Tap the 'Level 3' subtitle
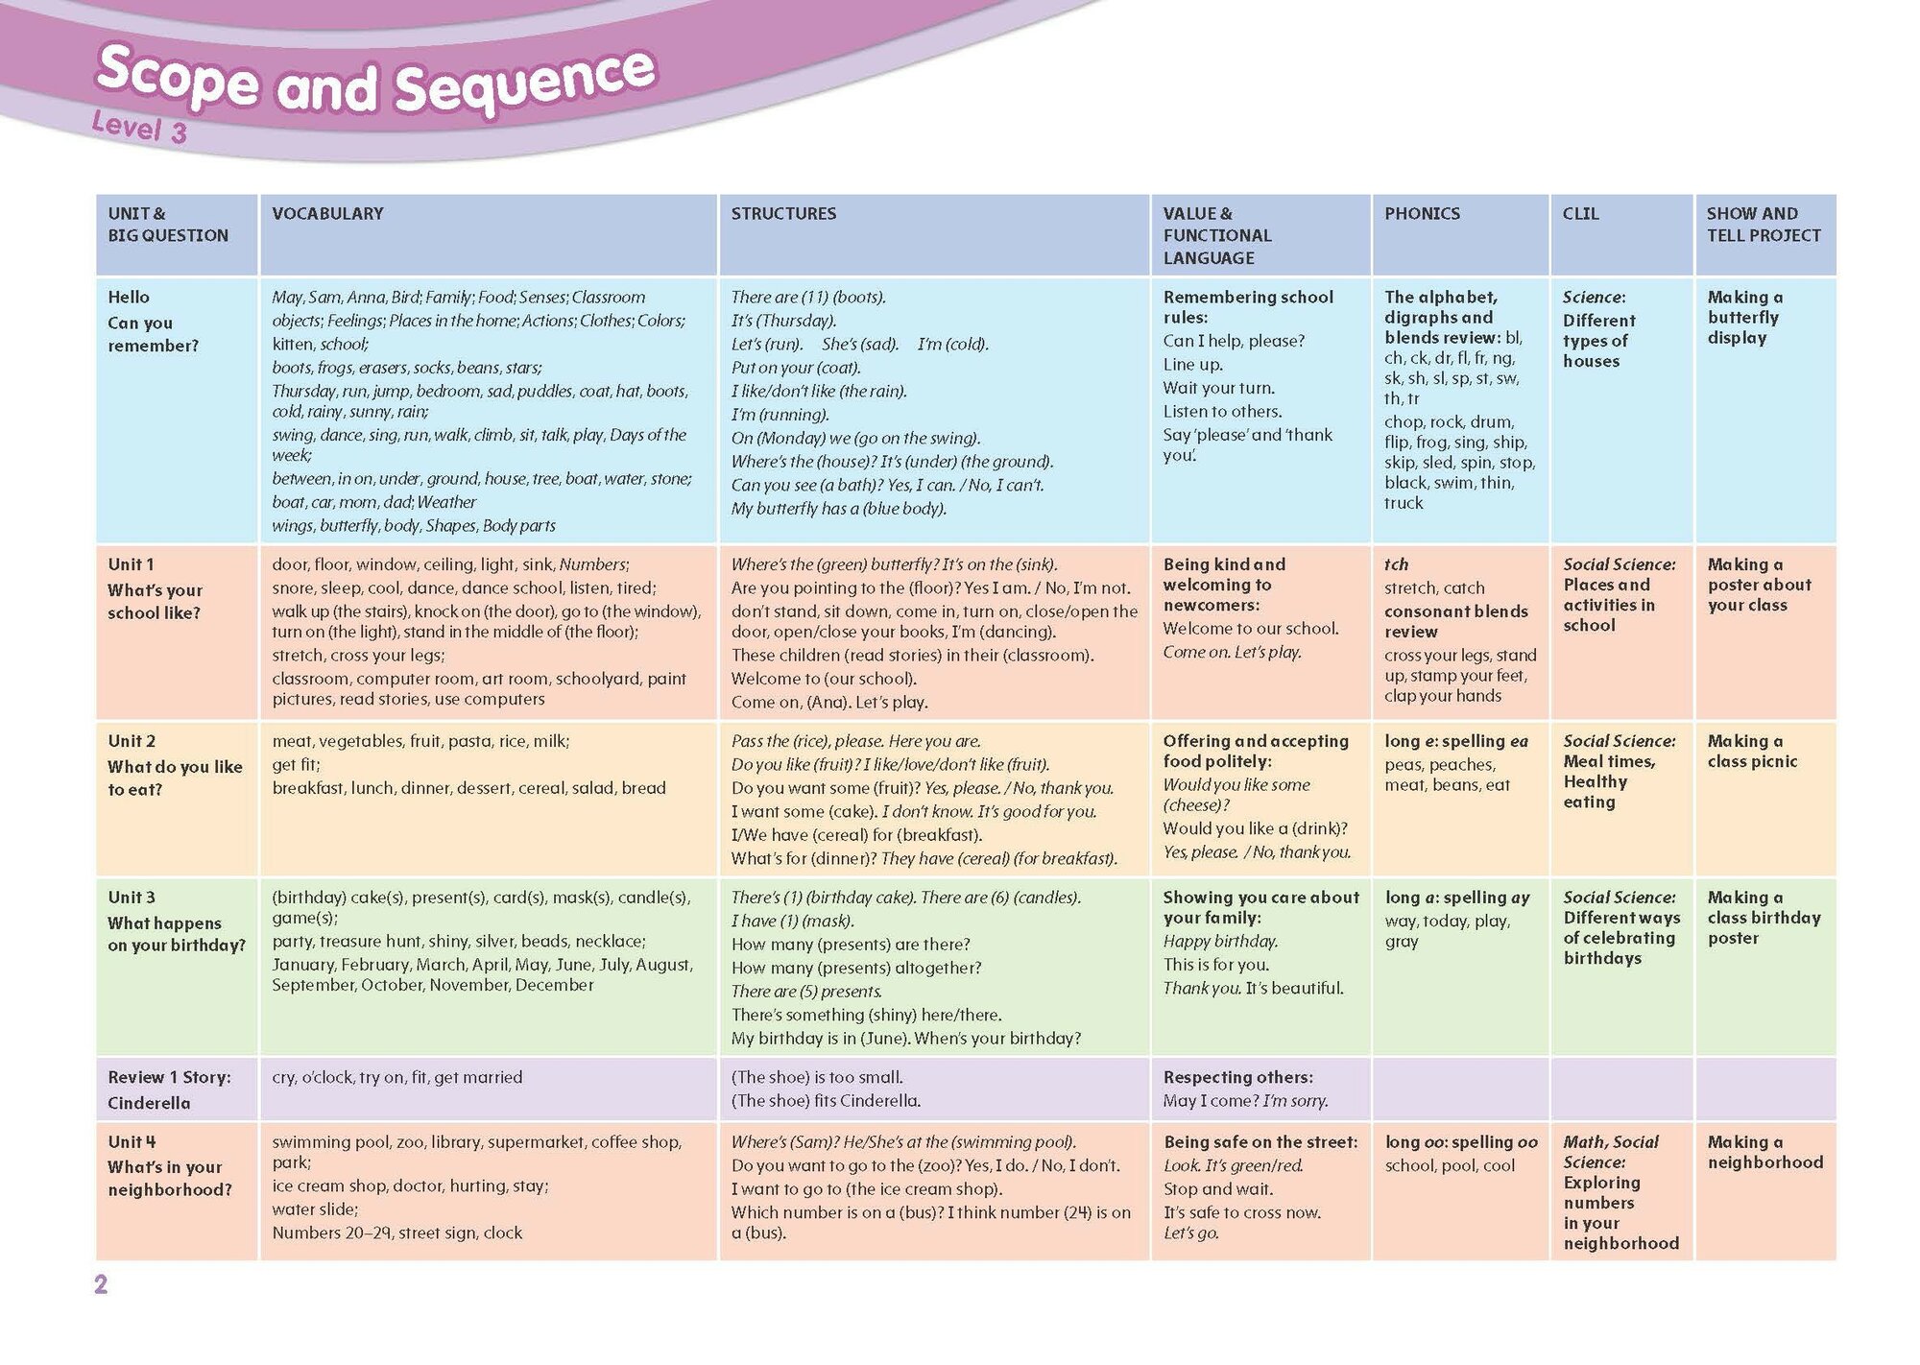coord(139,127)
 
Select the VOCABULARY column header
coord(327,214)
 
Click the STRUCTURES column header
coord(783,214)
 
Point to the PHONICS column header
coord(1422,214)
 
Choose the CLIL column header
coord(1580,214)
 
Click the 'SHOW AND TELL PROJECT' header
coord(1763,225)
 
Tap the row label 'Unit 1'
coord(131,564)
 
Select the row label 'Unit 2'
coord(131,741)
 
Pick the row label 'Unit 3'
coord(131,898)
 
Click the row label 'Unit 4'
coord(132,1142)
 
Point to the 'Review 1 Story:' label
coord(169,1077)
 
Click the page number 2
coord(101,1284)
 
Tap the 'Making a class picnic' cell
coord(1752,752)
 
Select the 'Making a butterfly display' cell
coord(1744,318)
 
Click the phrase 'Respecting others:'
coord(1237,1077)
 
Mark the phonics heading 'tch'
coord(1396,564)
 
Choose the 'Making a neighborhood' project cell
coord(1764,1152)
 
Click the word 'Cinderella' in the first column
coord(149,1103)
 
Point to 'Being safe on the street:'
coord(1260,1142)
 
